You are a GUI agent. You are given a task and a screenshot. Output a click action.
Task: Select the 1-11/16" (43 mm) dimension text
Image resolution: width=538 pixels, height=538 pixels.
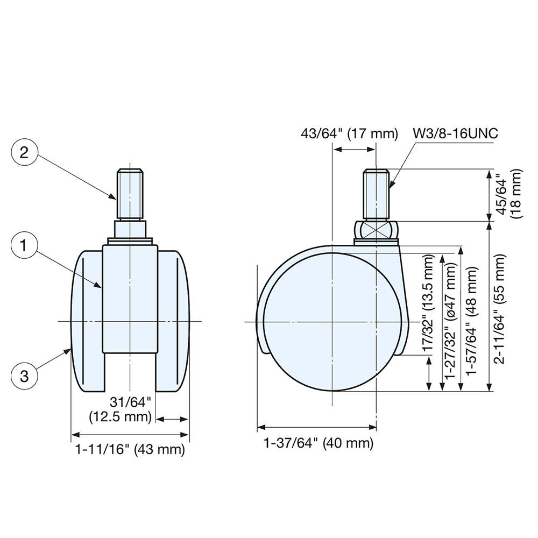[x=130, y=449]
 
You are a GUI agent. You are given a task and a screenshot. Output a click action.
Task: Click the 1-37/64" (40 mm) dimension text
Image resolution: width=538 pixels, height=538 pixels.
[x=317, y=443]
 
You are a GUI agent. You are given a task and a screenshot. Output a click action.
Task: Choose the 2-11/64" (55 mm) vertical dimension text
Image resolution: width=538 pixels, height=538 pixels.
[x=507, y=316]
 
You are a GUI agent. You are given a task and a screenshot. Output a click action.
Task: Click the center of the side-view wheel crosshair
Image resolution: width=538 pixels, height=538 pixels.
[x=333, y=322]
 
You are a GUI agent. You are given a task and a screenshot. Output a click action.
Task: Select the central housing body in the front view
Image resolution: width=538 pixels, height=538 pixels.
[x=130, y=296]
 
